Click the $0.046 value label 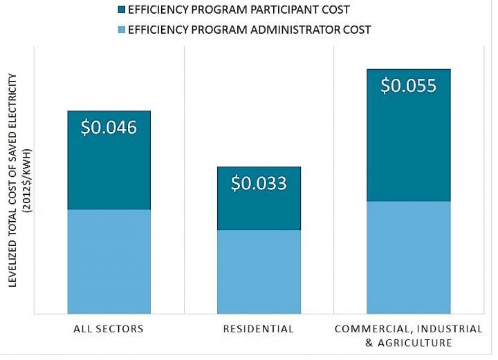click(109, 128)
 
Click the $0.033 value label click(259, 183)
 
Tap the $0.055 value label click(408, 86)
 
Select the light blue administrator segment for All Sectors click(109, 261)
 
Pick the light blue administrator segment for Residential click(259, 272)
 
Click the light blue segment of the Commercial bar click(408, 257)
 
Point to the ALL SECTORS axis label click(109, 329)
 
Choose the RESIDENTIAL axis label click(259, 329)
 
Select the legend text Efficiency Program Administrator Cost click(249, 30)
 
